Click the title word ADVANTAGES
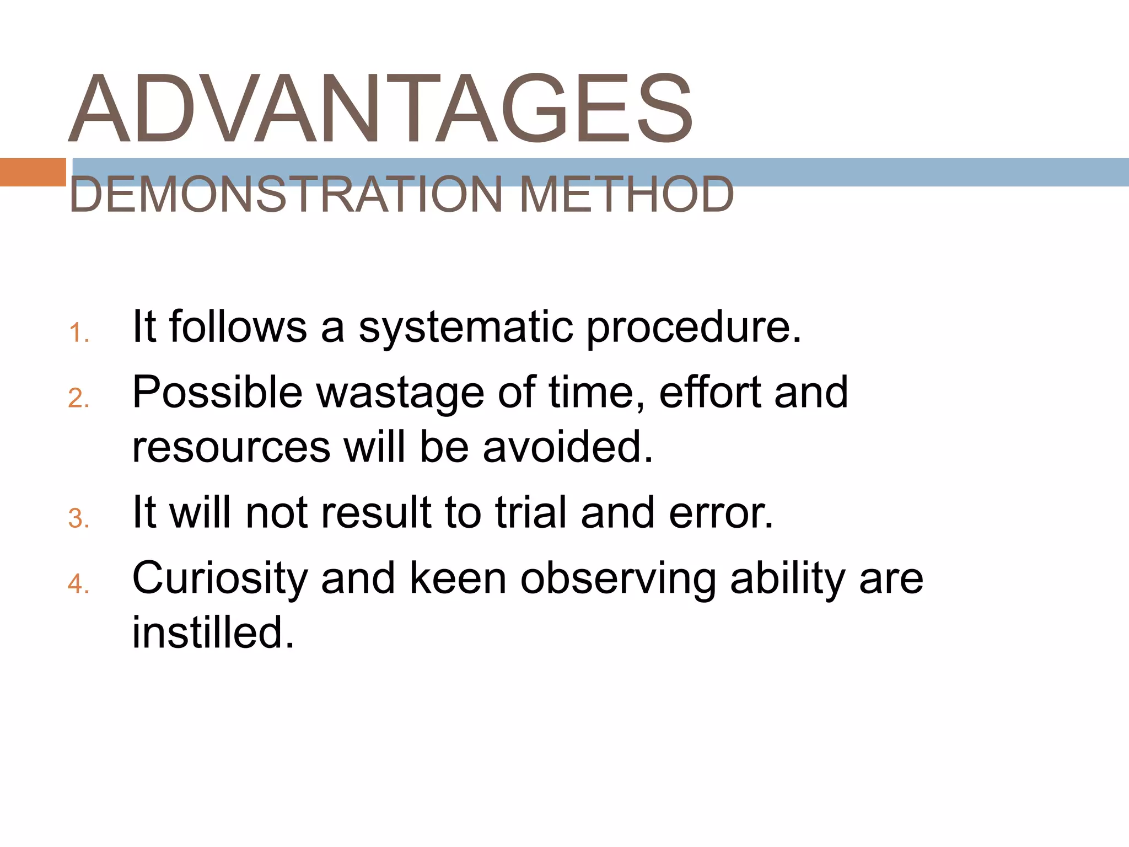(380, 109)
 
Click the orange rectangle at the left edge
(33, 172)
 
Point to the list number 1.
(79, 333)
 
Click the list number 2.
(79, 398)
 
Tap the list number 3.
(79, 518)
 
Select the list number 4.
(79, 583)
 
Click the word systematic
(466, 328)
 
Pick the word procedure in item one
(693, 328)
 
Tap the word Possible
(218, 392)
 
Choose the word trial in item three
(532, 513)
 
